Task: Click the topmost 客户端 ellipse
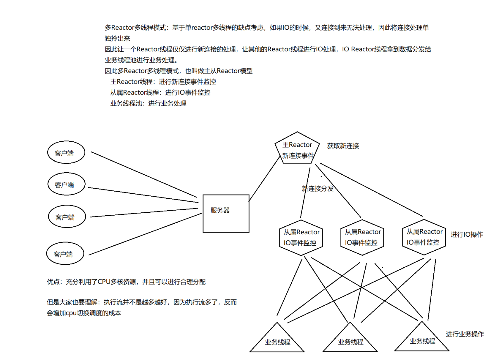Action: (66, 152)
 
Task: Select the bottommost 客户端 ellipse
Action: (65, 254)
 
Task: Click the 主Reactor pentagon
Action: (297, 149)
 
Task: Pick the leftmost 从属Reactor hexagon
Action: (301, 238)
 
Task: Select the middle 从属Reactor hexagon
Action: (362, 237)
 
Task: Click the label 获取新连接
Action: (343, 146)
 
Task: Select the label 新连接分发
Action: (318, 189)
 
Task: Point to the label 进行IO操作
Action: (467, 235)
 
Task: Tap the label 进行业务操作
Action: (465, 334)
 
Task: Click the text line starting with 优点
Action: (126, 282)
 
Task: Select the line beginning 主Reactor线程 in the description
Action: (163, 82)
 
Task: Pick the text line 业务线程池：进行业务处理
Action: (148, 103)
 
